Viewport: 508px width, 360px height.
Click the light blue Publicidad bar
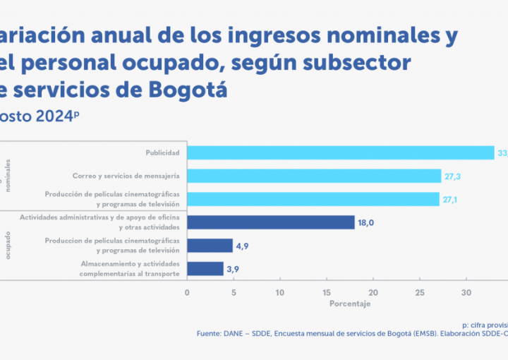[341, 152]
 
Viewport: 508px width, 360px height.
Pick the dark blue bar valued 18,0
[271, 222]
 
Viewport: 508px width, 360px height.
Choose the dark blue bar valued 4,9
[210, 246]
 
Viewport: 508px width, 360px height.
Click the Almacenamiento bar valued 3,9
[205, 269]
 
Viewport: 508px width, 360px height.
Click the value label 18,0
[365, 223]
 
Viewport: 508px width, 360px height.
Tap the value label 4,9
[243, 246]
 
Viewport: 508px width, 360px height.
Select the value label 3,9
[234, 269]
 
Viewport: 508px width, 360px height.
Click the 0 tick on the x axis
[187, 292]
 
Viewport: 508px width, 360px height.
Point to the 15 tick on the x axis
[327, 292]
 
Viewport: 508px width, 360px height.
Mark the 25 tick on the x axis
[420, 292]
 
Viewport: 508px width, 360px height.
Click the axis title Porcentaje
[349, 304]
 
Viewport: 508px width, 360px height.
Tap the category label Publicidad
[162, 152]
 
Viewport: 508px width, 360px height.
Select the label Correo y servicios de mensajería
[126, 176]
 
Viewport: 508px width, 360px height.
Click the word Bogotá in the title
[190, 91]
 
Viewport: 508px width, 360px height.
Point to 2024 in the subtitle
[53, 116]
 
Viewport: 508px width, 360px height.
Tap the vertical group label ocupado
[8, 244]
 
